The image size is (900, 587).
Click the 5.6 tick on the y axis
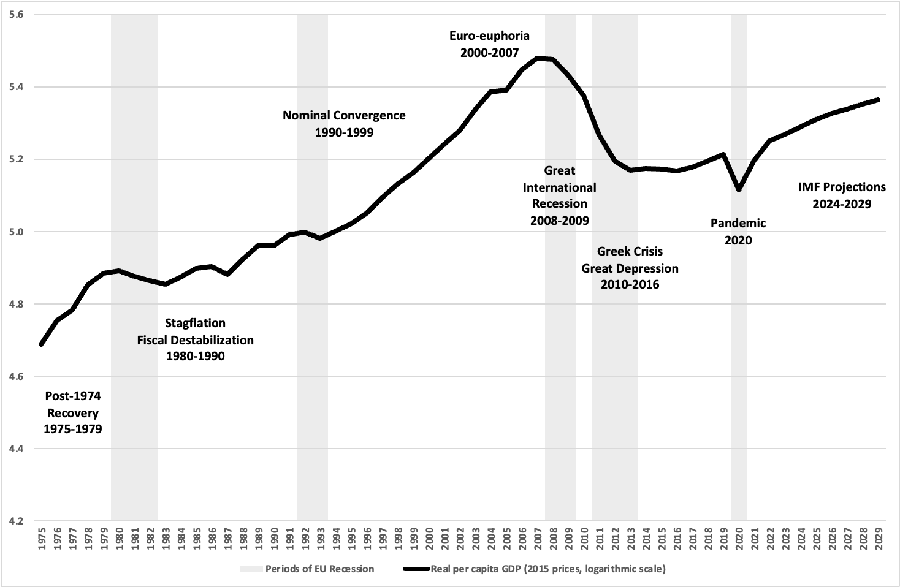tap(16, 15)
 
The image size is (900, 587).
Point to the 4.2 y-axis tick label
tap(16, 521)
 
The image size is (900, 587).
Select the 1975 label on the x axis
tap(42, 539)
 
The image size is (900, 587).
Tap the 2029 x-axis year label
tap(878, 539)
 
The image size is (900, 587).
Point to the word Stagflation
tap(195, 323)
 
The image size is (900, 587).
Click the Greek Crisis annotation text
tap(630, 251)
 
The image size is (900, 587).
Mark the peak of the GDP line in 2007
tap(538, 58)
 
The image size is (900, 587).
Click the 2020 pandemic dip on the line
tap(739, 190)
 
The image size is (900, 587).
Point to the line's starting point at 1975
tap(42, 344)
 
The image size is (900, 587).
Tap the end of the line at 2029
tap(878, 100)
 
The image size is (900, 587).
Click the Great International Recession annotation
tap(559, 195)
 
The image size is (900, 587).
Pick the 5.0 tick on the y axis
tap(16, 232)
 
